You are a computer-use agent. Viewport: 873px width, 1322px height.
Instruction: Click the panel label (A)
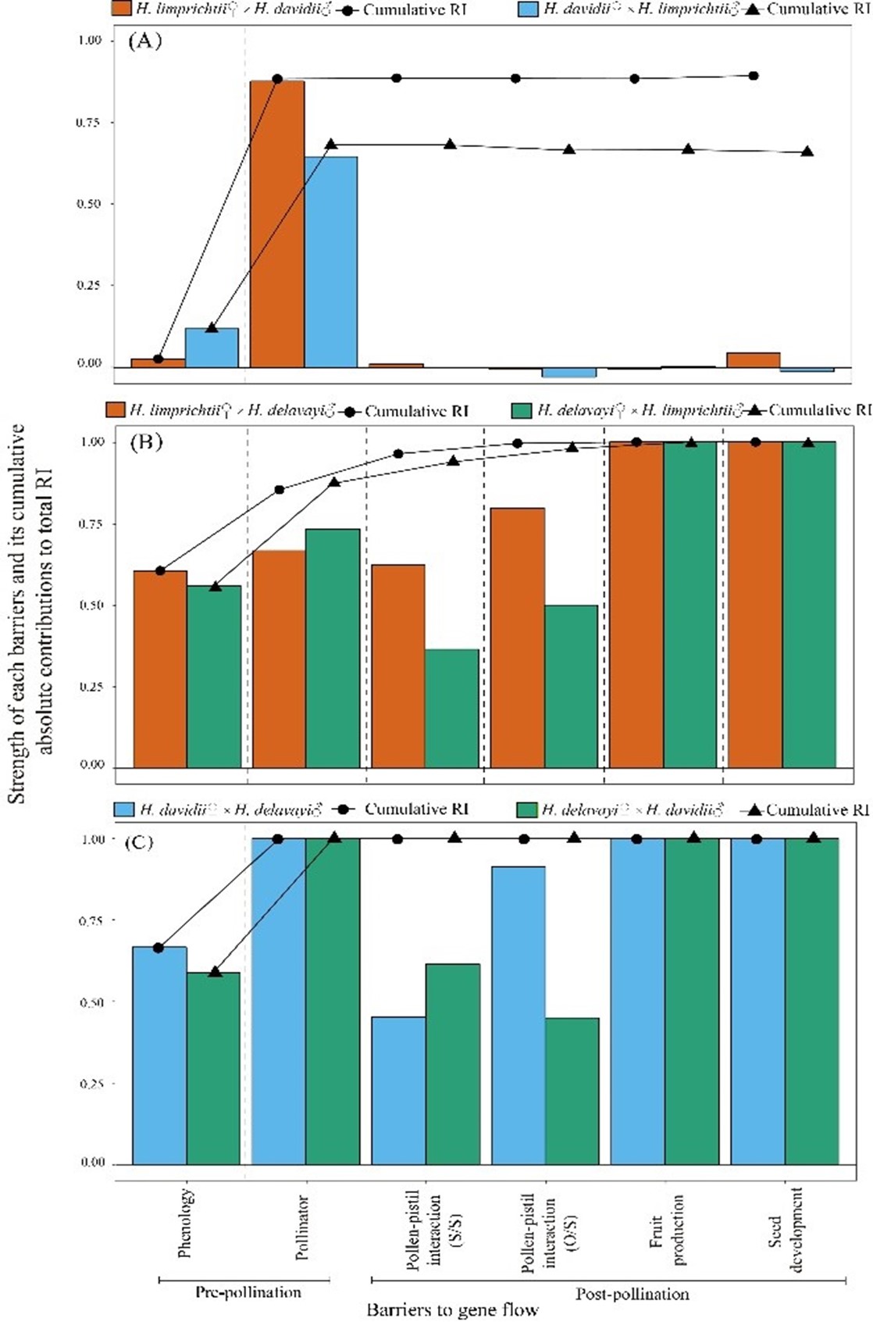[144, 41]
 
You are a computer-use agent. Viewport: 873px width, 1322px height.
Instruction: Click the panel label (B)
[146, 442]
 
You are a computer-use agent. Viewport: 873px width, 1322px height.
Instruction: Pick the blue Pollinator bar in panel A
[331, 262]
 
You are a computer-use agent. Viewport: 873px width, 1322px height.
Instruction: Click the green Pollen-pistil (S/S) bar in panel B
[451, 708]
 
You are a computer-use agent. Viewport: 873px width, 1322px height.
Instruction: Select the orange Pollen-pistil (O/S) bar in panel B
[517, 637]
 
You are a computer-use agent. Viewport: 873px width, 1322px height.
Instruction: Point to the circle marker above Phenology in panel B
[160, 570]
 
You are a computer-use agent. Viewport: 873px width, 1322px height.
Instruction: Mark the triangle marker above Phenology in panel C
[216, 971]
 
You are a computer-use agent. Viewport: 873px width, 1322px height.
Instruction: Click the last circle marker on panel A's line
[754, 76]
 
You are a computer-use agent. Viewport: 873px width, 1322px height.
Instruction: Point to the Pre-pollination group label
[248, 1292]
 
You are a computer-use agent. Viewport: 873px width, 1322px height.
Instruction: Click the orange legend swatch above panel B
[116, 409]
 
